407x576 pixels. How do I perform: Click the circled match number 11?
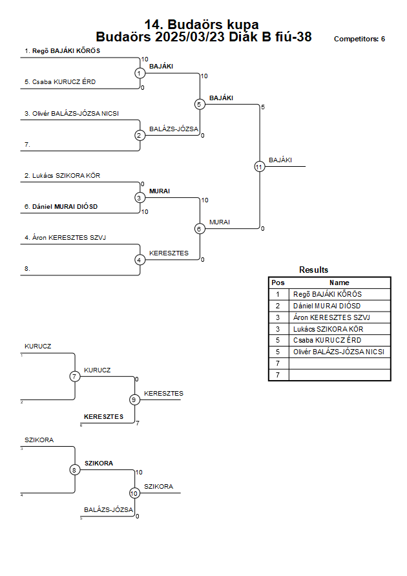click(x=260, y=167)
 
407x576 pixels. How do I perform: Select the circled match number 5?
click(x=200, y=104)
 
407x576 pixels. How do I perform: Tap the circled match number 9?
click(x=134, y=400)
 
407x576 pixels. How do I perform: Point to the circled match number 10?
click(x=134, y=493)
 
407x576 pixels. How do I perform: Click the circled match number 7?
click(x=74, y=376)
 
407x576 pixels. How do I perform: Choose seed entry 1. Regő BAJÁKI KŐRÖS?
click(x=63, y=50)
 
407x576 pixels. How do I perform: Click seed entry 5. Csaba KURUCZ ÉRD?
click(x=60, y=82)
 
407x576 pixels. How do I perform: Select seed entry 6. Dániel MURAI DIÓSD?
click(x=61, y=206)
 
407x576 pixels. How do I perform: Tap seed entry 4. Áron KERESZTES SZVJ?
click(x=65, y=238)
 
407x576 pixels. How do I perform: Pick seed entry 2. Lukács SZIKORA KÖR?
click(x=63, y=176)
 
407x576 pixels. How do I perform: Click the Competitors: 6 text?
click(x=359, y=39)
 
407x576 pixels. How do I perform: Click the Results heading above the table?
click(x=313, y=270)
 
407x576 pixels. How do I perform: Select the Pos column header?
click(x=278, y=283)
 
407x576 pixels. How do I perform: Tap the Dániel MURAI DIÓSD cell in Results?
click(x=327, y=306)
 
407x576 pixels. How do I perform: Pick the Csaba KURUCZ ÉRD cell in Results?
click(x=327, y=340)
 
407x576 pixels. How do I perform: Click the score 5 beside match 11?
click(x=263, y=107)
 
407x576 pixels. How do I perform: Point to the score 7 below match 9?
click(x=138, y=423)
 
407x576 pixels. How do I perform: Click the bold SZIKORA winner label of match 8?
click(x=99, y=464)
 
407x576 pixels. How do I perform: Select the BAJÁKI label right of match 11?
click(x=280, y=160)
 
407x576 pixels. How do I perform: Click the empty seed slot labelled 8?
click(x=27, y=269)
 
